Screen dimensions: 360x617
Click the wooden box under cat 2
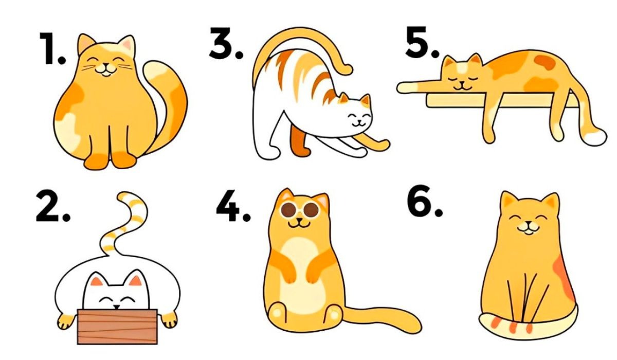[117, 327]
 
